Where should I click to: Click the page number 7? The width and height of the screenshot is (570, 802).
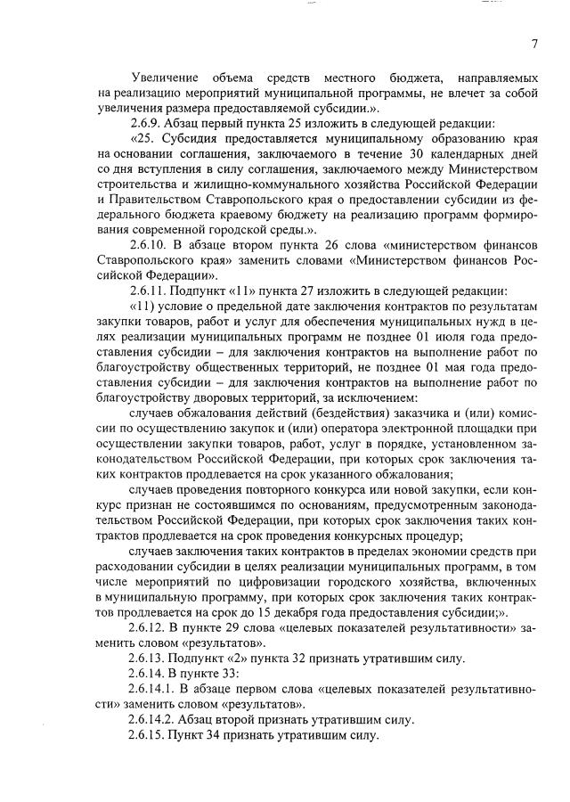pos(534,44)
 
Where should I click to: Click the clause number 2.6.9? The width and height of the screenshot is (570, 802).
pos(148,122)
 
